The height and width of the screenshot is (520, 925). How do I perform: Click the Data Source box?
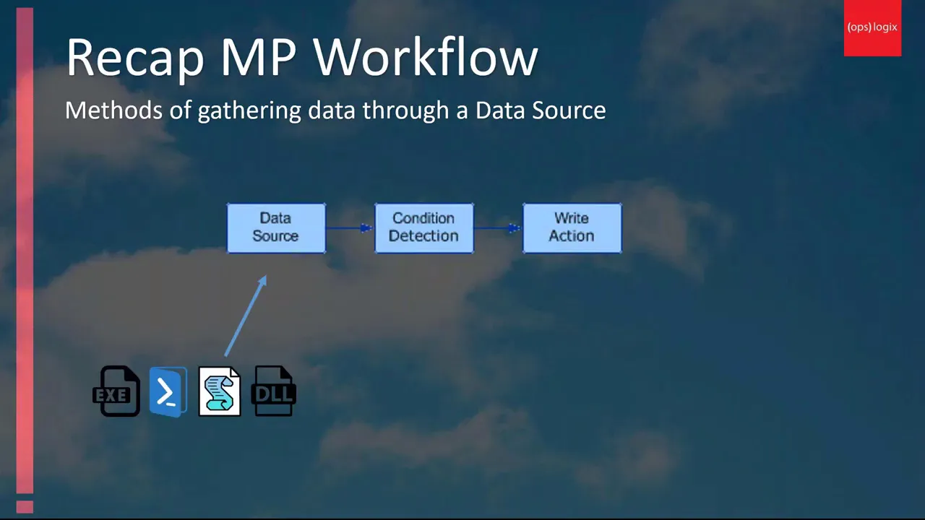[x=276, y=227]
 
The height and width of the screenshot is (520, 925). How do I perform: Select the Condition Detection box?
[x=424, y=227]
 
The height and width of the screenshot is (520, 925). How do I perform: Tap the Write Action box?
[x=572, y=227]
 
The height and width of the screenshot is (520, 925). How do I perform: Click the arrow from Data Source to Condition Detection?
[x=350, y=227]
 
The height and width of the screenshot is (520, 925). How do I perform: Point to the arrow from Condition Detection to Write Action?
[x=498, y=227]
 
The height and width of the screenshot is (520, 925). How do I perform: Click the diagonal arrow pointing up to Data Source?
[x=246, y=316]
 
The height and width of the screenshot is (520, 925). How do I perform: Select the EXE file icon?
[x=116, y=391]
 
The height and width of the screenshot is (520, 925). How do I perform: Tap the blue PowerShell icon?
[x=168, y=391]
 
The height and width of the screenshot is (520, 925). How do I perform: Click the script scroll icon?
[x=219, y=391]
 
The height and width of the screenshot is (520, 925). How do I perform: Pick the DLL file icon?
[x=273, y=391]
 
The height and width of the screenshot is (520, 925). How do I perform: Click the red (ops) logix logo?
[x=872, y=28]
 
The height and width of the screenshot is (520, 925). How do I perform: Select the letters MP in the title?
[x=259, y=57]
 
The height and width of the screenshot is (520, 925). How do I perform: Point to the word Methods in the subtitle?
[x=113, y=110]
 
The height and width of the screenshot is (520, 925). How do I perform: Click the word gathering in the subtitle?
[x=249, y=111]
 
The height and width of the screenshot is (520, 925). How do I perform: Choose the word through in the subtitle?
[x=405, y=111]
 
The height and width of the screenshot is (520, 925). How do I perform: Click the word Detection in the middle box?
[x=423, y=236]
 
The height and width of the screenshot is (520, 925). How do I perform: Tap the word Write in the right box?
[x=572, y=218]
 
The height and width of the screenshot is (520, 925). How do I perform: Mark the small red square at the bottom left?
[x=25, y=506]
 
